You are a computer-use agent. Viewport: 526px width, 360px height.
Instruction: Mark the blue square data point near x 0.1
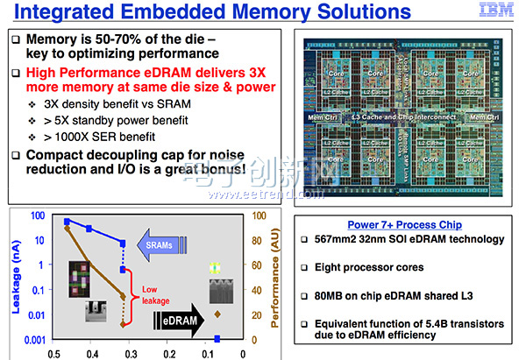[217, 338]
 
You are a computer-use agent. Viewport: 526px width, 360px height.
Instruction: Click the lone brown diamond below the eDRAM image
[217, 314]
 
